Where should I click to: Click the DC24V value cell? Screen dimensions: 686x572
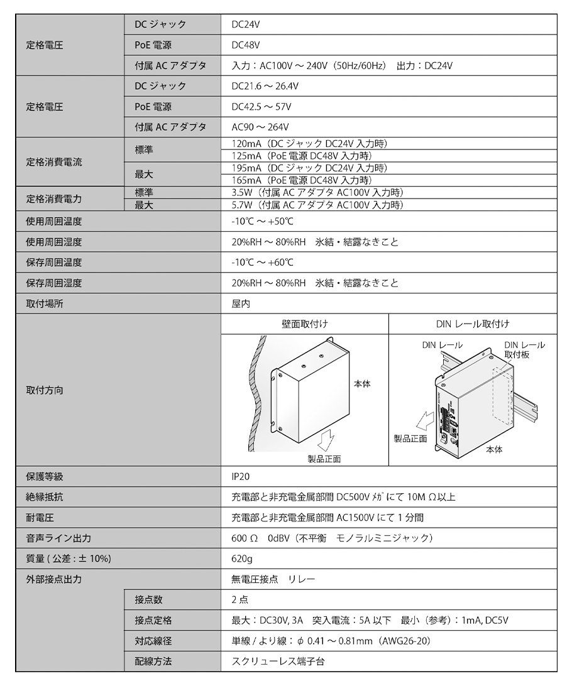246,24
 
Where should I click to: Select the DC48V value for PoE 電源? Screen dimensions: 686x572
246,45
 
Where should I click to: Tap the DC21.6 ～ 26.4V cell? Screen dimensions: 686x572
265,86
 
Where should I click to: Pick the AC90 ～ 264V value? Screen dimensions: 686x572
260,126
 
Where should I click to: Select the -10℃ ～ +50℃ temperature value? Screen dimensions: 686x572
262,222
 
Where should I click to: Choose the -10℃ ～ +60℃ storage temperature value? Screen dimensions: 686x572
262,263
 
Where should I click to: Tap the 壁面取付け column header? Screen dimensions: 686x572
305,324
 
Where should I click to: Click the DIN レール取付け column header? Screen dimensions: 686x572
473,324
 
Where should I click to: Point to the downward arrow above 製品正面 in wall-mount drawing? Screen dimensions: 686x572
328,440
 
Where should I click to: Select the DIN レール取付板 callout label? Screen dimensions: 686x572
524,350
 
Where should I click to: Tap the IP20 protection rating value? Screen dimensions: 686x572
241,477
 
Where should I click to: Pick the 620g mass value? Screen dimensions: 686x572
242,558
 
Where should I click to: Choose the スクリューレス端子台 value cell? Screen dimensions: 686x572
278,661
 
